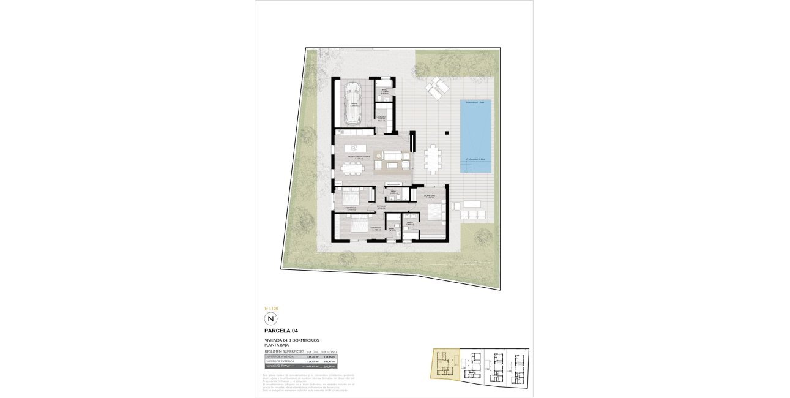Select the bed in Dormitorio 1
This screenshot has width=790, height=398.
[436, 213]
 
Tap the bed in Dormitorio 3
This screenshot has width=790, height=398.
[351, 197]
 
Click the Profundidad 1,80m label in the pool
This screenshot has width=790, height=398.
[475, 103]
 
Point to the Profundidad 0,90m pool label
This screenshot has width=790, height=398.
[475, 160]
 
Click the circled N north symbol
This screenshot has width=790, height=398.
[270, 319]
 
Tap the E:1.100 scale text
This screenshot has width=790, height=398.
[270, 308]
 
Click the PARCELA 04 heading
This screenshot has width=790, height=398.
[281, 331]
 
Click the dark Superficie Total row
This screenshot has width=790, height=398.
[300, 366]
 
